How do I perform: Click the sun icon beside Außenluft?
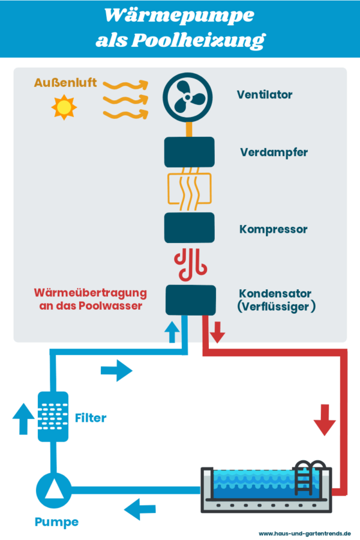(64, 108)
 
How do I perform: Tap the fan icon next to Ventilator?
(190, 97)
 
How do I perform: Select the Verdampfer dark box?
(190, 152)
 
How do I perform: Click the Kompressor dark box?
(190, 228)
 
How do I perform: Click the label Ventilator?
(265, 95)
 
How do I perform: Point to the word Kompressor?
(274, 229)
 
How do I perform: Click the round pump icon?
(53, 489)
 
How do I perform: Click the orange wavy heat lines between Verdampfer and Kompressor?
(190, 191)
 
